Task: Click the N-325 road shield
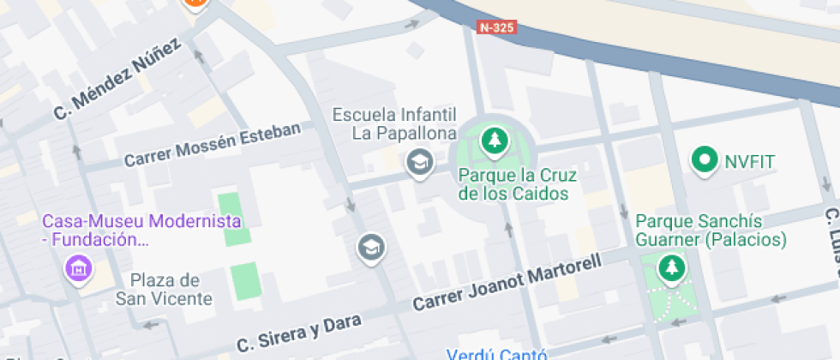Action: click(x=497, y=27)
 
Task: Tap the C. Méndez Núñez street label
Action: click(x=117, y=78)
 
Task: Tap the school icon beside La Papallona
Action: click(x=419, y=160)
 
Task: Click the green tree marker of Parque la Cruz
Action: click(x=493, y=141)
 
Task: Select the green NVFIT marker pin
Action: click(x=705, y=159)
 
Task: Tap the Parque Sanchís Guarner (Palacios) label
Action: click(x=711, y=231)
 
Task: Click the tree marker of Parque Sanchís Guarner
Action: click(x=671, y=268)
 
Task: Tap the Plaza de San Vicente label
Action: click(x=165, y=289)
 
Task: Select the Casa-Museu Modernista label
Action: click(x=141, y=230)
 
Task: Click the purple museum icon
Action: click(x=79, y=269)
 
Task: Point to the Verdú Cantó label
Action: click(x=497, y=353)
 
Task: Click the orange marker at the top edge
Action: click(x=196, y=3)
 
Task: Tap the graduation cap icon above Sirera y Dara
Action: click(x=371, y=249)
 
